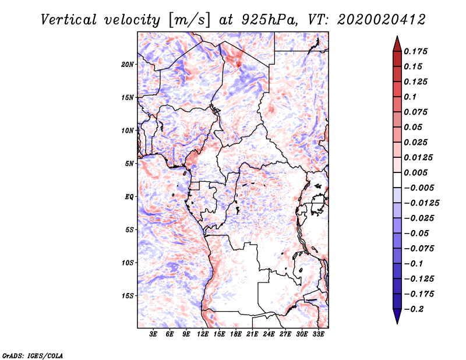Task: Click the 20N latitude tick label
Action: pos(127,65)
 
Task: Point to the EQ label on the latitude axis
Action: pos(129,197)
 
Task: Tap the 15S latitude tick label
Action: pos(128,296)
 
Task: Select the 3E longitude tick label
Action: pos(153,334)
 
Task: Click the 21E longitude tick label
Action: pos(252,334)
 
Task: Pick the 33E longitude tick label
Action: pos(318,334)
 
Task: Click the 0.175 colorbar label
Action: pos(415,51)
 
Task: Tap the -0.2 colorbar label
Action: pos(414,309)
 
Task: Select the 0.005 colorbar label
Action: pos(415,172)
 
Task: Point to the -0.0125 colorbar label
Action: pos(421,203)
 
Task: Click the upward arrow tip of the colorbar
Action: pos(397,36)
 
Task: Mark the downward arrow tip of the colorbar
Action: pos(397,323)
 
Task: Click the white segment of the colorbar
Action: pos(397,180)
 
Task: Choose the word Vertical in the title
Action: pos(69,20)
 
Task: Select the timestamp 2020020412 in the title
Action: pos(382,20)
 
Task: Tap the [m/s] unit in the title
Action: pos(189,20)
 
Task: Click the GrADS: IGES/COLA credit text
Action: pos(33,355)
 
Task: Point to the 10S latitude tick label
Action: pos(128,263)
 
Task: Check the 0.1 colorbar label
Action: pos(410,97)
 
